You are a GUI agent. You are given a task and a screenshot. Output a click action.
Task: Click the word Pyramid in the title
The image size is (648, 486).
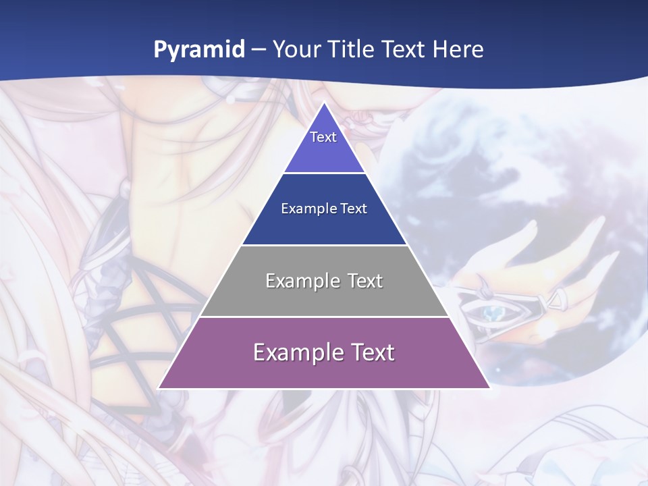coord(199,50)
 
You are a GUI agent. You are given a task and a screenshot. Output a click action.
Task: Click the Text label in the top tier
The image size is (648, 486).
coord(323,137)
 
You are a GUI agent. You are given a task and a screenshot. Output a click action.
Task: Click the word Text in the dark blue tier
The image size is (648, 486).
coord(354,209)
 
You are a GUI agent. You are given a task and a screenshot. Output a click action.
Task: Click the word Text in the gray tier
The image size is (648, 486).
coord(365,281)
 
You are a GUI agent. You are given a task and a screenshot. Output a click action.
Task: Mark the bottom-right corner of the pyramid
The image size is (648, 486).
coord(489,388)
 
